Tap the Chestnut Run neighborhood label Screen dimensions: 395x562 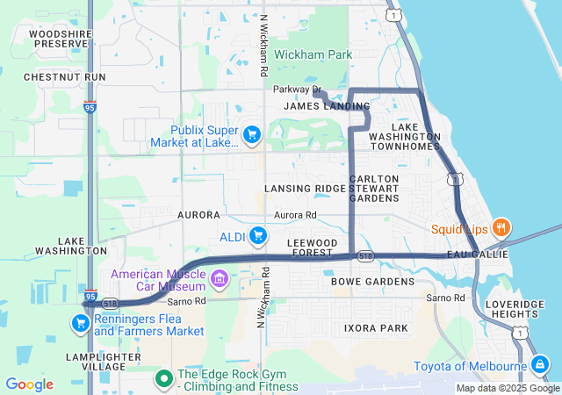(65, 77)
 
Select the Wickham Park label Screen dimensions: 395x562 (313, 54)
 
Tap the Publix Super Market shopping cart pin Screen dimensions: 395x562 (253, 134)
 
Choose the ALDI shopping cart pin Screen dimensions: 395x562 (258, 235)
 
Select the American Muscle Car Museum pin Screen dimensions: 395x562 (220, 281)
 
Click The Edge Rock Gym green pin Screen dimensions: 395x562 (163, 379)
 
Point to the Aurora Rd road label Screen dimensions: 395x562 (295, 215)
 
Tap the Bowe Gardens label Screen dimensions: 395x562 (372, 282)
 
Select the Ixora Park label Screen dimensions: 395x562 (376, 328)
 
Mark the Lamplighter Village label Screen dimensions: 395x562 (103, 363)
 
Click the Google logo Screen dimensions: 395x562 (29, 384)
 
